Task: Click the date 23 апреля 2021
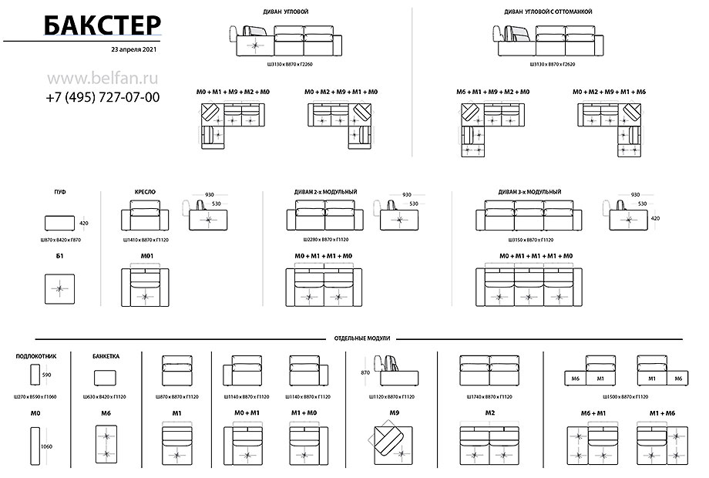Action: [134, 49]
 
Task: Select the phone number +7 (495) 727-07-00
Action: [102, 97]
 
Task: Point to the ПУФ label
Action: [59, 190]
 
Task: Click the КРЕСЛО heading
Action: [146, 190]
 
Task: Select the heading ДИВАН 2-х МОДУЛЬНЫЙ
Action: [325, 191]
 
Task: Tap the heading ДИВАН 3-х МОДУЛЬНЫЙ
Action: [529, 191]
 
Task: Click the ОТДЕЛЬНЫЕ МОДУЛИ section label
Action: [363, 338]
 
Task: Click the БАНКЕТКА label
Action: [106, 357]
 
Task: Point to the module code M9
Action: [395, 413]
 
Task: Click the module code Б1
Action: [59, 255]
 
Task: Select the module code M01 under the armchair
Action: [147, 255]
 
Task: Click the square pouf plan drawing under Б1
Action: [59, 290]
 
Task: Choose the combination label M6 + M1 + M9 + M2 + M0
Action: [492, 92]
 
